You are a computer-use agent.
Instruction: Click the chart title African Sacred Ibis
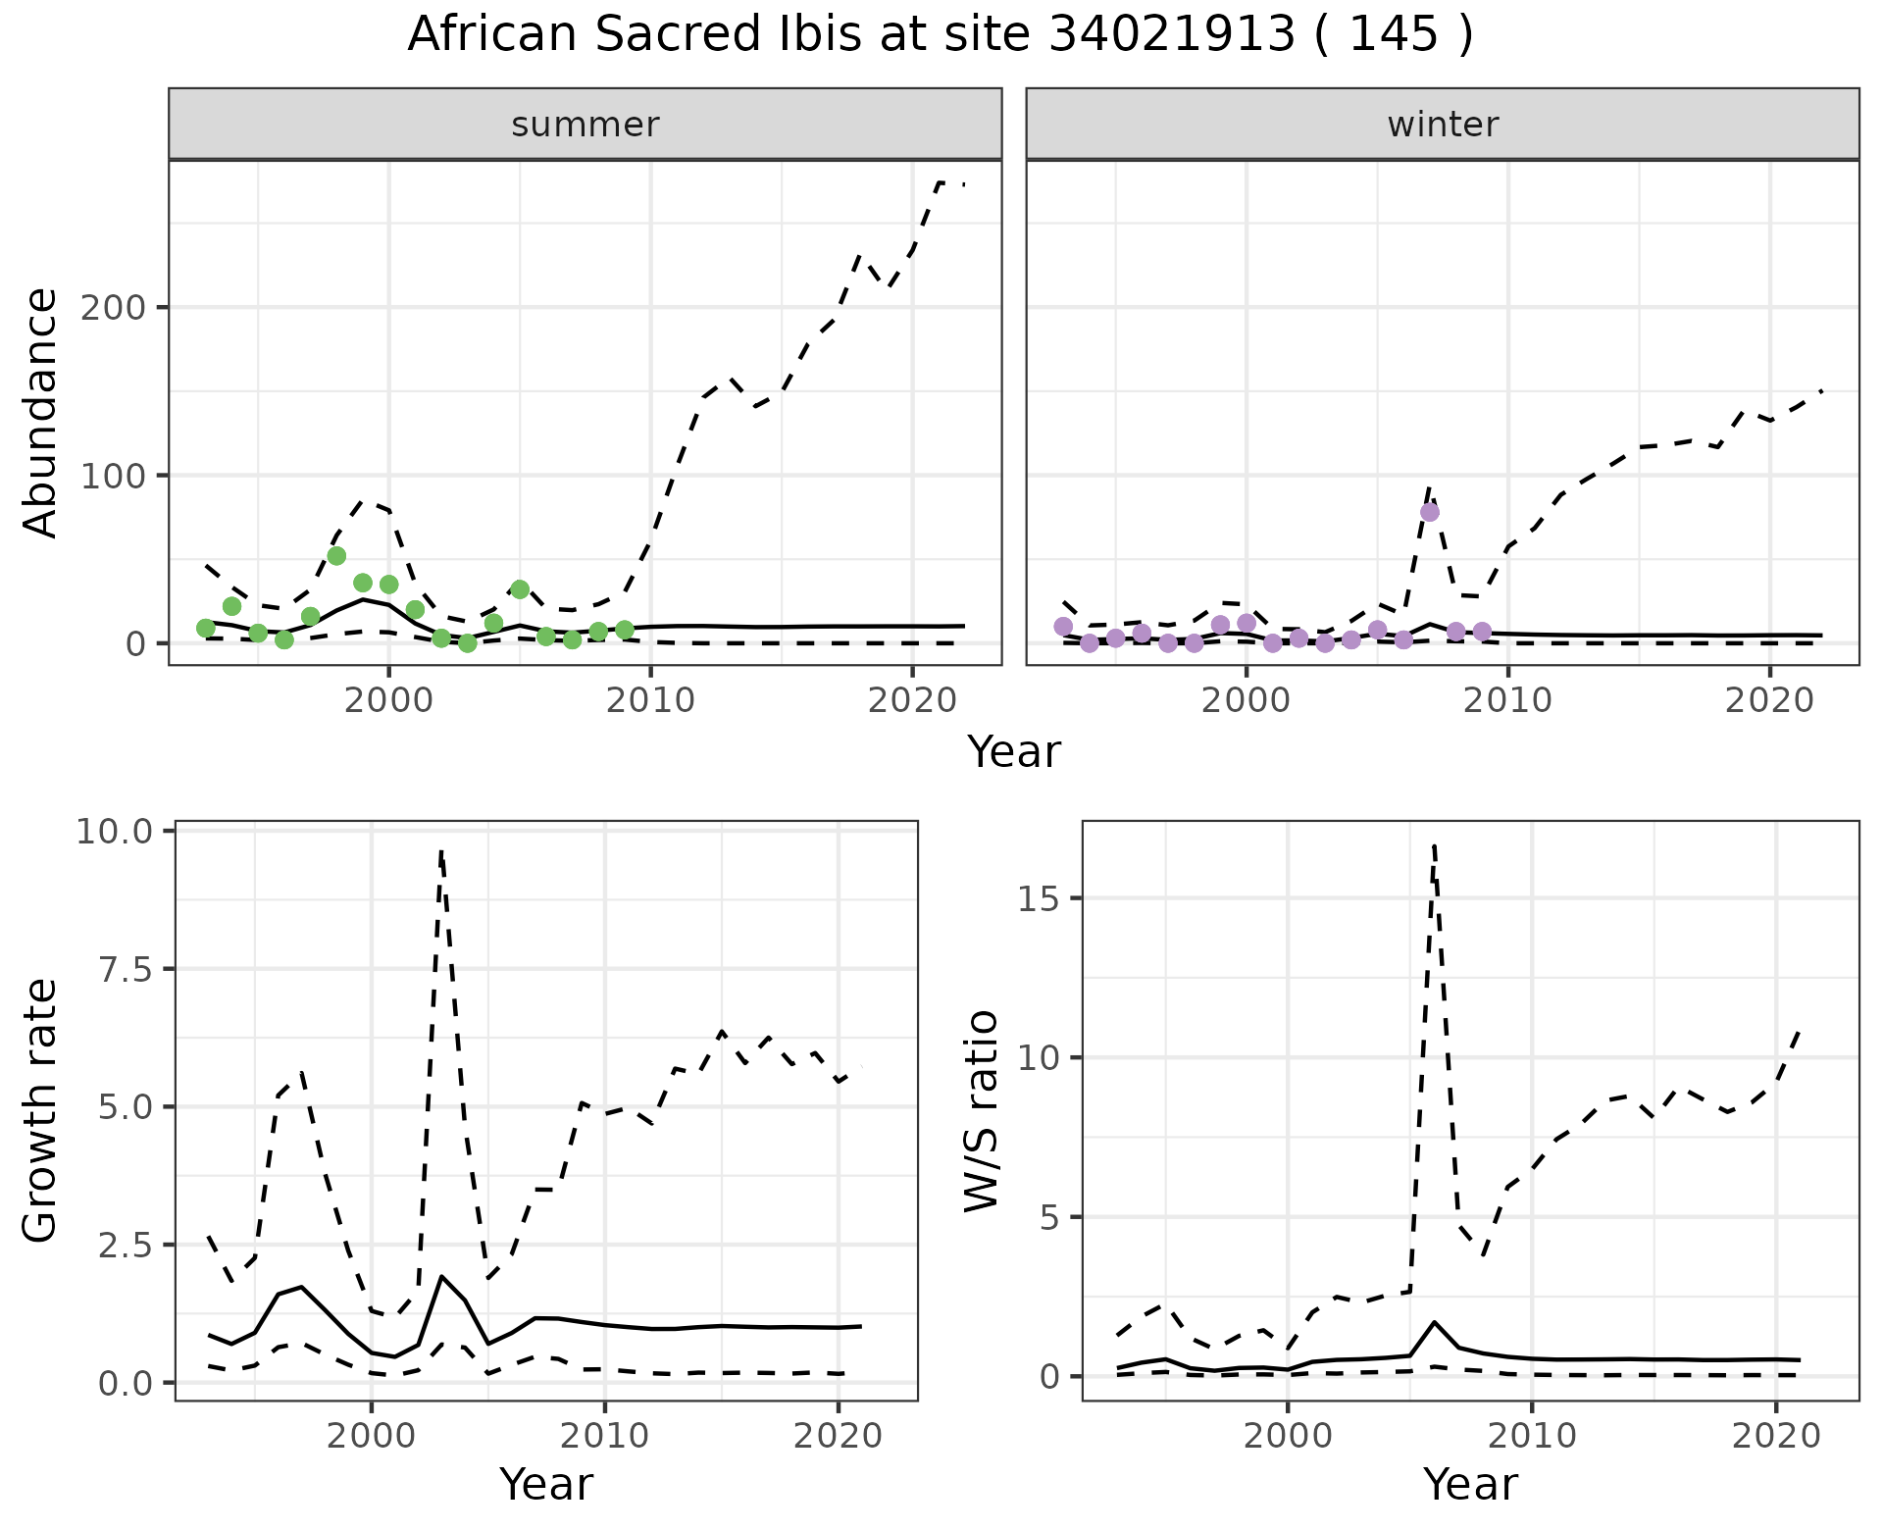(940, 35)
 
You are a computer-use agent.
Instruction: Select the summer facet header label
(585, 125)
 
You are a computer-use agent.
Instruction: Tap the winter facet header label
(1443, 125)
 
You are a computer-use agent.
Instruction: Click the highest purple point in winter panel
(1430, 512)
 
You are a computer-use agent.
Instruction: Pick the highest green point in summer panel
(336, 556)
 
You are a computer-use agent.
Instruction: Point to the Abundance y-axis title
(40, 413)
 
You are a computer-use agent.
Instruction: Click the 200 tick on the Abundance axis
(114, 308)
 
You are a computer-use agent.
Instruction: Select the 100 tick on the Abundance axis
(114, 476)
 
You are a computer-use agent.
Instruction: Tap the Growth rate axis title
(40, 1110)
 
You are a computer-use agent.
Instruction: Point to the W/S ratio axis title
(982, 1110)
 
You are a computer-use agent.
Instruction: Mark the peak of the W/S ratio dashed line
(1434, 845)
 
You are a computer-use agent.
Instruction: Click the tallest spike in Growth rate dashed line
(441, 851)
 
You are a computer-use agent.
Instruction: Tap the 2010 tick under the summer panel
(650, 700)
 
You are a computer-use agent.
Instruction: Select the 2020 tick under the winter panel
(1769, 700)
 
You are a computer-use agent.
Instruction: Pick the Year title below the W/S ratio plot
(1470, 1484)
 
